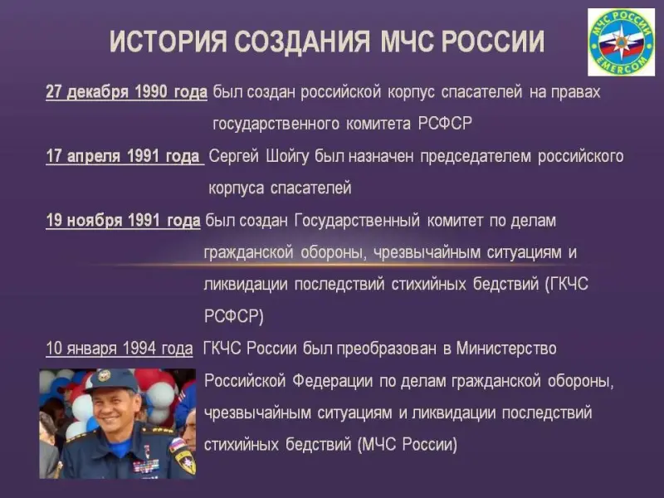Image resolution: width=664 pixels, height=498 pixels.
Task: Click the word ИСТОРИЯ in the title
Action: pyautogui.click(x=168, y=41)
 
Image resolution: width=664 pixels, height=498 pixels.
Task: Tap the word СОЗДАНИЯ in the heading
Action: pyautogui.click(x=302, y=41)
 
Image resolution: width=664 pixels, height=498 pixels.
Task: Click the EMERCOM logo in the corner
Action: pyautogui.click(x=621, y=42)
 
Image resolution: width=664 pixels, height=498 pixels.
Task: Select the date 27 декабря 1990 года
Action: pyautogui.click(x=127, y=92)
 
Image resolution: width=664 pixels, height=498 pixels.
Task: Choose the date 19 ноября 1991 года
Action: pyautogui.click(x=123, y=220)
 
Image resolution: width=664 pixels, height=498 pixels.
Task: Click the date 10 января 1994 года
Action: pyautogui.click(x=120, y=349)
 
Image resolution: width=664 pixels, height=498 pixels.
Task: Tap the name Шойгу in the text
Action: pyautogui.click(x=287, y=156)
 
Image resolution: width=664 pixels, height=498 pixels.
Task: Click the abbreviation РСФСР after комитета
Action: pyautogui.click(x=445, y=123)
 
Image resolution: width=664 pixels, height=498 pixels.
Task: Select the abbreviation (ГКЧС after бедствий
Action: pyautogui.click(x=567, y=284)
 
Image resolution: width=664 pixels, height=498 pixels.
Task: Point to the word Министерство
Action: pyautogui.click(x=506, y=348)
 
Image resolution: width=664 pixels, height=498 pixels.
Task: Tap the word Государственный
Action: pyautogui.click(x=357, y=221)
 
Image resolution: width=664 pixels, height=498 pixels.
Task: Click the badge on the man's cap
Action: pyautogui.click(x=104, y=375)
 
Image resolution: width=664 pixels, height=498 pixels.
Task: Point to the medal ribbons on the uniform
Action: pyautogui.click(x=146, y=466)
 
